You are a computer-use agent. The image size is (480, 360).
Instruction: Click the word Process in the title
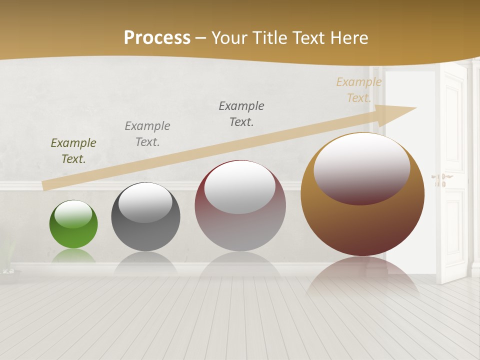pos(157,38)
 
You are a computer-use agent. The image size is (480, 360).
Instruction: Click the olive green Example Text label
pos(73,151)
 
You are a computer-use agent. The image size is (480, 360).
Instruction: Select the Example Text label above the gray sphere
pos(147,134)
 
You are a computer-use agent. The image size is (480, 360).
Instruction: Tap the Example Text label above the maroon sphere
pos(241,113)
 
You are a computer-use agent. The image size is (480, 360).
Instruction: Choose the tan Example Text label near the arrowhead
pos(359,90)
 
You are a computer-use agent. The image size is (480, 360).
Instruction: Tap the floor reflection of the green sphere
pos(73,256)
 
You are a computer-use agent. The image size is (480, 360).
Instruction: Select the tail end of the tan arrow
pos(47,185)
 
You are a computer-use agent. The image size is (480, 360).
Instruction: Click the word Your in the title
pos(231,38)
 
